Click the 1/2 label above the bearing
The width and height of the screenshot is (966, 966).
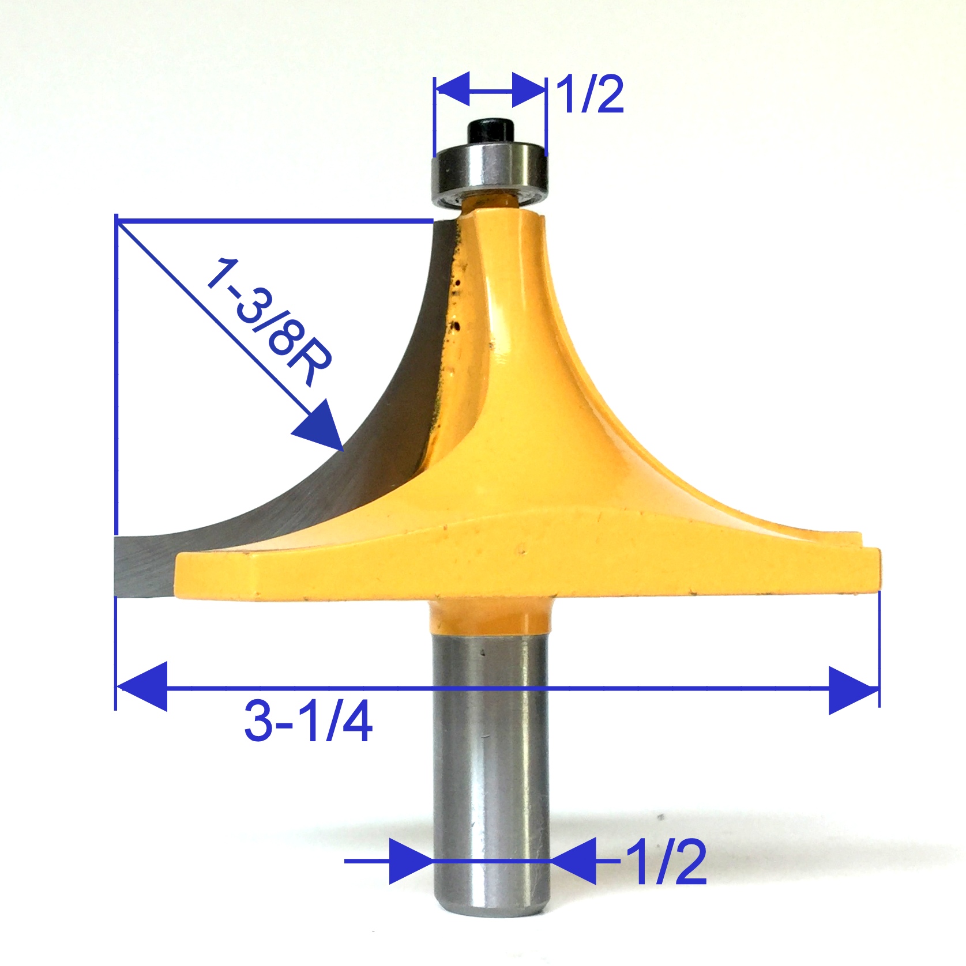point(590,95)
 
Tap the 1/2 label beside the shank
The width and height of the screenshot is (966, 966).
point(666,862)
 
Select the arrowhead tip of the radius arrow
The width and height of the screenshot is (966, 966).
point(340,447)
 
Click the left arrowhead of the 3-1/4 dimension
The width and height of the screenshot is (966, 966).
point(141,687)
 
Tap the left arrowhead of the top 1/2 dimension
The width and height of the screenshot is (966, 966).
point(453,90)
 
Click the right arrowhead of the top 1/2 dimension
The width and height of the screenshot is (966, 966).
point(528,90)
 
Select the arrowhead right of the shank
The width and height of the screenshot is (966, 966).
point(574,861)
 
